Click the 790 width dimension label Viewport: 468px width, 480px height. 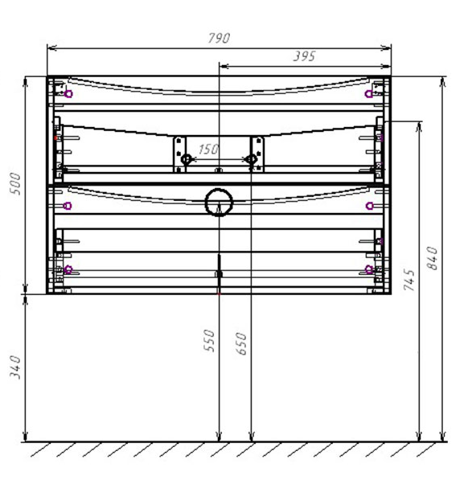tap(219, 39)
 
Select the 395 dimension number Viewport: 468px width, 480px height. tap(304, 56)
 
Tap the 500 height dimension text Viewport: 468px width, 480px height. tap(15, 183)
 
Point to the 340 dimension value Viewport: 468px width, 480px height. tap(15, 367)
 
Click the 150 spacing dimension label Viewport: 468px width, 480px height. tap(208, 150)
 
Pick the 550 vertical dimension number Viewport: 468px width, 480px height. tap(209, 340)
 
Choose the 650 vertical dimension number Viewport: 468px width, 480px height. tap(241, 343)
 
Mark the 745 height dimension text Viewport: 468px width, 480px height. tap(409, 280)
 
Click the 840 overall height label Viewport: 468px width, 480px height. tap(432, 258)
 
